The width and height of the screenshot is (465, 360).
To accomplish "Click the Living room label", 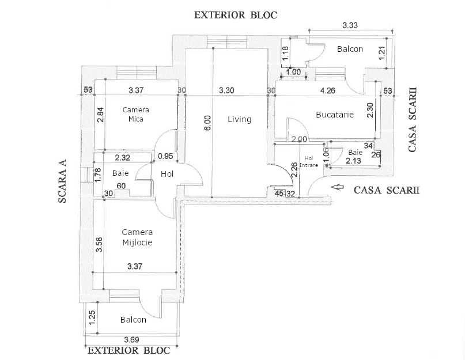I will (239, 120).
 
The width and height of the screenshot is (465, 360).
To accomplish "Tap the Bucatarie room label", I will (334, 115).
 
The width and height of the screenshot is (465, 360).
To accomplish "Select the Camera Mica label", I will (136, 114).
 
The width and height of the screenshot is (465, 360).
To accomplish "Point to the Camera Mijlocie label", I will (137, 237).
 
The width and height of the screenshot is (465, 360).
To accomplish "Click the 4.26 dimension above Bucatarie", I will (327, 90).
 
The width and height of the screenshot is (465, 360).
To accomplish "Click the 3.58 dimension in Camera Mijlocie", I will (99, 245).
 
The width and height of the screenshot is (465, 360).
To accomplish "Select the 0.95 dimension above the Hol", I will (165, 156).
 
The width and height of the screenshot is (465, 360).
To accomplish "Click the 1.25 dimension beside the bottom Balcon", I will (91, 317).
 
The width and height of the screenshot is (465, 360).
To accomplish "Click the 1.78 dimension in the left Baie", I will (99, 175).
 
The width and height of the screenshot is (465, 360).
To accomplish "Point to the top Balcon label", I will (350, 49).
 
